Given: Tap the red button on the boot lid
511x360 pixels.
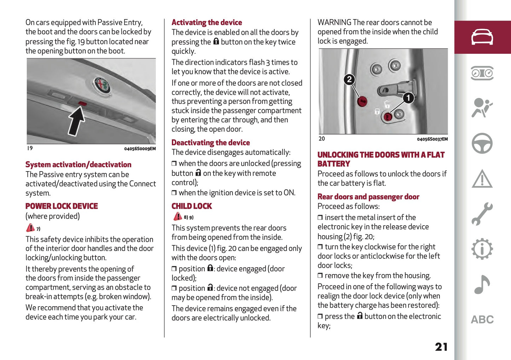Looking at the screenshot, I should click(x=82, y=103).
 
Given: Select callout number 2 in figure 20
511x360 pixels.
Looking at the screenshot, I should click(x=349, y=80).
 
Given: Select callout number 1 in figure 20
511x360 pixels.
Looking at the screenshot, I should click(x=408, y=98).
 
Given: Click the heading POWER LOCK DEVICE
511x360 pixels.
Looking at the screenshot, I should click(x=62, y=206).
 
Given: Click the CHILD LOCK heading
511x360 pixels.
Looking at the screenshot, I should click(x=192, y=206).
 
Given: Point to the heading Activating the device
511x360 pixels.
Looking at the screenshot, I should click(x=207, y=23).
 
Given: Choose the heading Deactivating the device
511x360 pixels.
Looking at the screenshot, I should click(x=210, y=143).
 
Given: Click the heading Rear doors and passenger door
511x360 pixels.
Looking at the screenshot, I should click(x=368, y=197).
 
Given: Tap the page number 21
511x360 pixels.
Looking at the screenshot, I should click(x=441, y=347).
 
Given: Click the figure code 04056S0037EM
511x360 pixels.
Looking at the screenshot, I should click(x=432, y=139).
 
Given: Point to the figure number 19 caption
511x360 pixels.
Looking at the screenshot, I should click(x=30, y=148).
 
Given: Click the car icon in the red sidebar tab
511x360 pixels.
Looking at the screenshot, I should click(x=482, y=37).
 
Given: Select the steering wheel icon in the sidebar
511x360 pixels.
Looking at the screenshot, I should click(x=482, y=143).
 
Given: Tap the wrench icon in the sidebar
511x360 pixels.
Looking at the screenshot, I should click(x=482, y=214).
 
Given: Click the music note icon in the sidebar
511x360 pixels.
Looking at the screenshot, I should click(x=482, y=284).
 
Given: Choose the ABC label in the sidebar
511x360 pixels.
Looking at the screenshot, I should click(x=482, y=320).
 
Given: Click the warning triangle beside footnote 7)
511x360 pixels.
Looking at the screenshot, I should click(x=30, y=228).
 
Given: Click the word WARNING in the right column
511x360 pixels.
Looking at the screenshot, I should click(x=334, y=23).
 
